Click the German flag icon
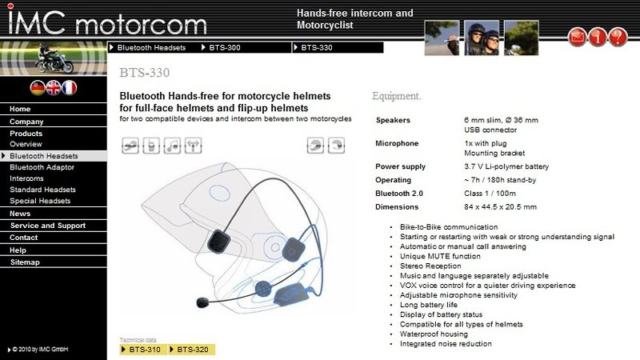point(38,88)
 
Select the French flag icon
point(70,88)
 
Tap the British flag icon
point(54,88)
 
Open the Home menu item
point(20,109)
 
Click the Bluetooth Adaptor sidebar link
point(42,167)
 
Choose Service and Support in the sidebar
point(48,226)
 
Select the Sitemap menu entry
point(25,262)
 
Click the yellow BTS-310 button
point(143,350)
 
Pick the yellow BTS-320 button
point(191,350)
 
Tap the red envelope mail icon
point(577,37)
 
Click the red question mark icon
point(618,37)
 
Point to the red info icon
point(598,37)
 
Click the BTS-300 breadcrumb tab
point(225,48)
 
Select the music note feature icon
point(172,146)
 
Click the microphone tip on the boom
point(202,302)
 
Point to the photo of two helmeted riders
point(482,38)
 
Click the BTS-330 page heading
point(145,73)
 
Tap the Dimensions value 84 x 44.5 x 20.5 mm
point(501,207)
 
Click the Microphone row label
point(397,143)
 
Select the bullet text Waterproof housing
point(434,334)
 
